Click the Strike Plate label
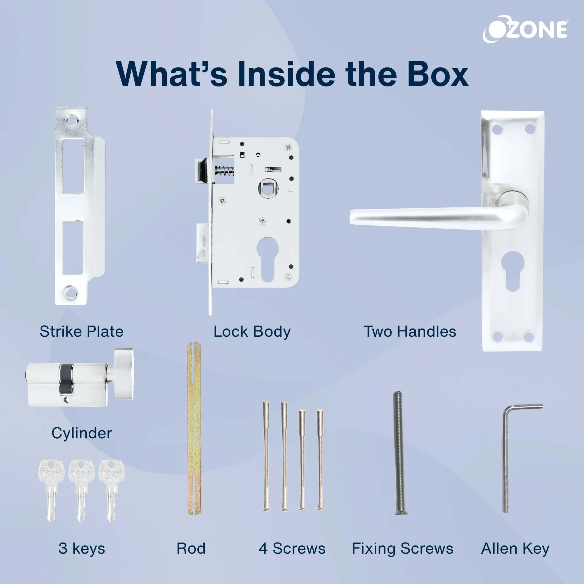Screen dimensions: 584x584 pyautogui.click(x=82, y=332)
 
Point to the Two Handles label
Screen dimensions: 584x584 pyautogui.click(x=410, y=332)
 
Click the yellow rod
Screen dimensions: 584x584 pyautogui.click(x=194, y=428)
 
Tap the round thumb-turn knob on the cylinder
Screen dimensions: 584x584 pyautogui.click(x=123, y=374)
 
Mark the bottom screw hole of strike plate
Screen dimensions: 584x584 pyautogui.click(x=71, y=292)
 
